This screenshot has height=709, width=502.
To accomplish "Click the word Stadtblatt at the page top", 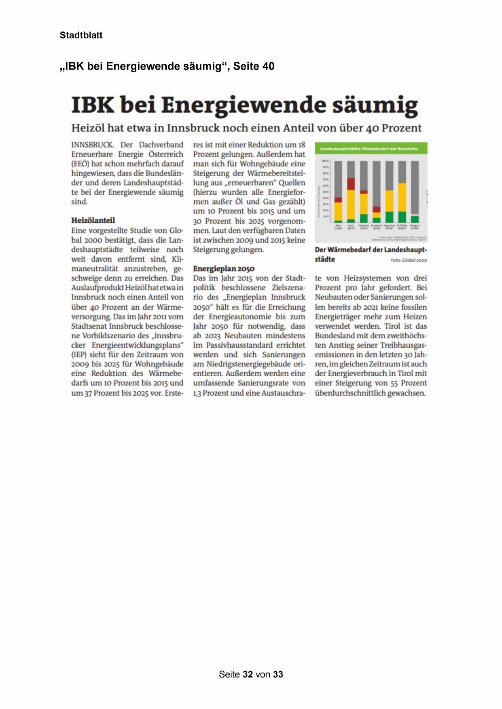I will (81, 35).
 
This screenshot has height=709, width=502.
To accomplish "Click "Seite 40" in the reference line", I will (254, 66).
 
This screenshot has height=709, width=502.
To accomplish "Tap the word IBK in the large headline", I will (92, 105).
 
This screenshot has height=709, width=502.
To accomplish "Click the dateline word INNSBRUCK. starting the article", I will (93, 145).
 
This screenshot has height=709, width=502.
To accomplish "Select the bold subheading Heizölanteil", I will (93, 220).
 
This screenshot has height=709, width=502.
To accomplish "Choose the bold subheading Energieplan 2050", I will (224, 269).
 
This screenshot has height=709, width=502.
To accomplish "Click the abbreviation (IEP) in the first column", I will (79, 354).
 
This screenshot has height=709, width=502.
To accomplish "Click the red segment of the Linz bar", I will (351, 184).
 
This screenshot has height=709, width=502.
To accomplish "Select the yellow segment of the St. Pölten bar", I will (402, 197).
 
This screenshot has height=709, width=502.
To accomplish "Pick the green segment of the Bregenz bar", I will (415, 219).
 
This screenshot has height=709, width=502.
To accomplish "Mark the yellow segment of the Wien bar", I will (338, 211).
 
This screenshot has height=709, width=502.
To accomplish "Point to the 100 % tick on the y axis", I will (325, 161).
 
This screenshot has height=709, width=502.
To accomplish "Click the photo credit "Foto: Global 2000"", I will (409, 260).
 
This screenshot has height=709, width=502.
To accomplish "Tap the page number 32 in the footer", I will (248, 674).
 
